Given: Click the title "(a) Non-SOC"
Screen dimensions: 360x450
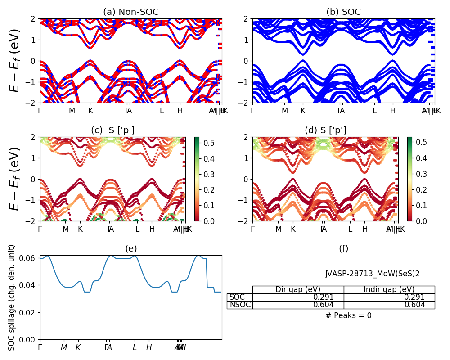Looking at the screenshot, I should (130, 12).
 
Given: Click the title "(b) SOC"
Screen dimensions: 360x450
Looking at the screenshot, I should (343, 12).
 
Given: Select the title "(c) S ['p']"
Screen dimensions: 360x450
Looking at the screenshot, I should (112, 130).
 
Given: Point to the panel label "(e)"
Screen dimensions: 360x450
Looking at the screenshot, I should (130, 248).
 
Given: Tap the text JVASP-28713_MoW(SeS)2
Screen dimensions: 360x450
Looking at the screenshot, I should (372, 274).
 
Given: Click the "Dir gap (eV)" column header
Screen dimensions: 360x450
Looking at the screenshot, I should (298, 289).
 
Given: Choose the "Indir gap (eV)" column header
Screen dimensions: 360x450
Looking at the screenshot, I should (389, 289).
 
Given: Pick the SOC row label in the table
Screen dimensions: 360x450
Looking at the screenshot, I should (237, 297).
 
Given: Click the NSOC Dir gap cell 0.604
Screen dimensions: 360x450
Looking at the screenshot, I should (324, 305).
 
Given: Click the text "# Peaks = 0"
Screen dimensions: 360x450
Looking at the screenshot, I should (348, 315).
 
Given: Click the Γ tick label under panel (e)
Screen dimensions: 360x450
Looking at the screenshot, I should (40, 347).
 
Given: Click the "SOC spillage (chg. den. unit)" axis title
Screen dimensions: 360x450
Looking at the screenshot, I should (12, 297).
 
